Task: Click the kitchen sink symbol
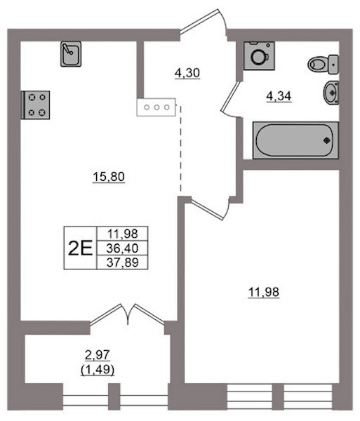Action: (71, 54)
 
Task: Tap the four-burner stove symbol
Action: (35, 105)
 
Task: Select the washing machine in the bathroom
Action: (259, 55)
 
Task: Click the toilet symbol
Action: (324, 65)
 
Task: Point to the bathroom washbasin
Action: (331, 92)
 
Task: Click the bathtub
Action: (295, 140)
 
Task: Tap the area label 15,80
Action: (109, 178)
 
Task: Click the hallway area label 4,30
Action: (187, 73)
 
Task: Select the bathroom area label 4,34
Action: (279, 96)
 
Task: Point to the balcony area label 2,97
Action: (98, 355)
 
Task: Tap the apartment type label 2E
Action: (80, 248)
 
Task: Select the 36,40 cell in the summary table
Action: (122, 248)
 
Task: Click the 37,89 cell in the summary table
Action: (122, 262)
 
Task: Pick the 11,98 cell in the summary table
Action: (122, 234)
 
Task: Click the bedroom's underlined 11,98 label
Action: (264, 293)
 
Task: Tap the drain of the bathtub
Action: (327, 140)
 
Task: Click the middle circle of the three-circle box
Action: (156, 107)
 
